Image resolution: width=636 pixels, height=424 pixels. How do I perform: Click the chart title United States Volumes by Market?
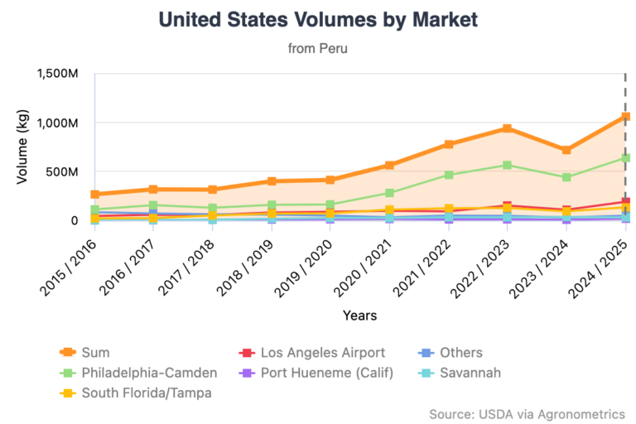coord(318,19)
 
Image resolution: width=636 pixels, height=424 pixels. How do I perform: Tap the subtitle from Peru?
coord(318,48)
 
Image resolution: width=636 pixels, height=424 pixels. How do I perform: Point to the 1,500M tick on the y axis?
coord(58,74)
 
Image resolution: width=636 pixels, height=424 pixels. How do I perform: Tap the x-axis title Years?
coord(360,316)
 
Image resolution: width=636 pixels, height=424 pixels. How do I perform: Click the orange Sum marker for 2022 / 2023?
coord(507,128)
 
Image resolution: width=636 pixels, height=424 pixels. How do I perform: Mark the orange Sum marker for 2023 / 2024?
coord(566,150)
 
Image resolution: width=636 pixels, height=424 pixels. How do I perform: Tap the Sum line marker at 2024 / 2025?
coord(625,117)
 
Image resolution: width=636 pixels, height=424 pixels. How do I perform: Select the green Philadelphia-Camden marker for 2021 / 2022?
coord(448,175)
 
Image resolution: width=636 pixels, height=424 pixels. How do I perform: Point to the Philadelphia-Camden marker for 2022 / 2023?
coord(507,165)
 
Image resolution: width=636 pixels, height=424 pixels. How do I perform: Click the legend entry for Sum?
coord(86,353)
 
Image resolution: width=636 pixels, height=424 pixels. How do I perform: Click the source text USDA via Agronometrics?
coord(527,413)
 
